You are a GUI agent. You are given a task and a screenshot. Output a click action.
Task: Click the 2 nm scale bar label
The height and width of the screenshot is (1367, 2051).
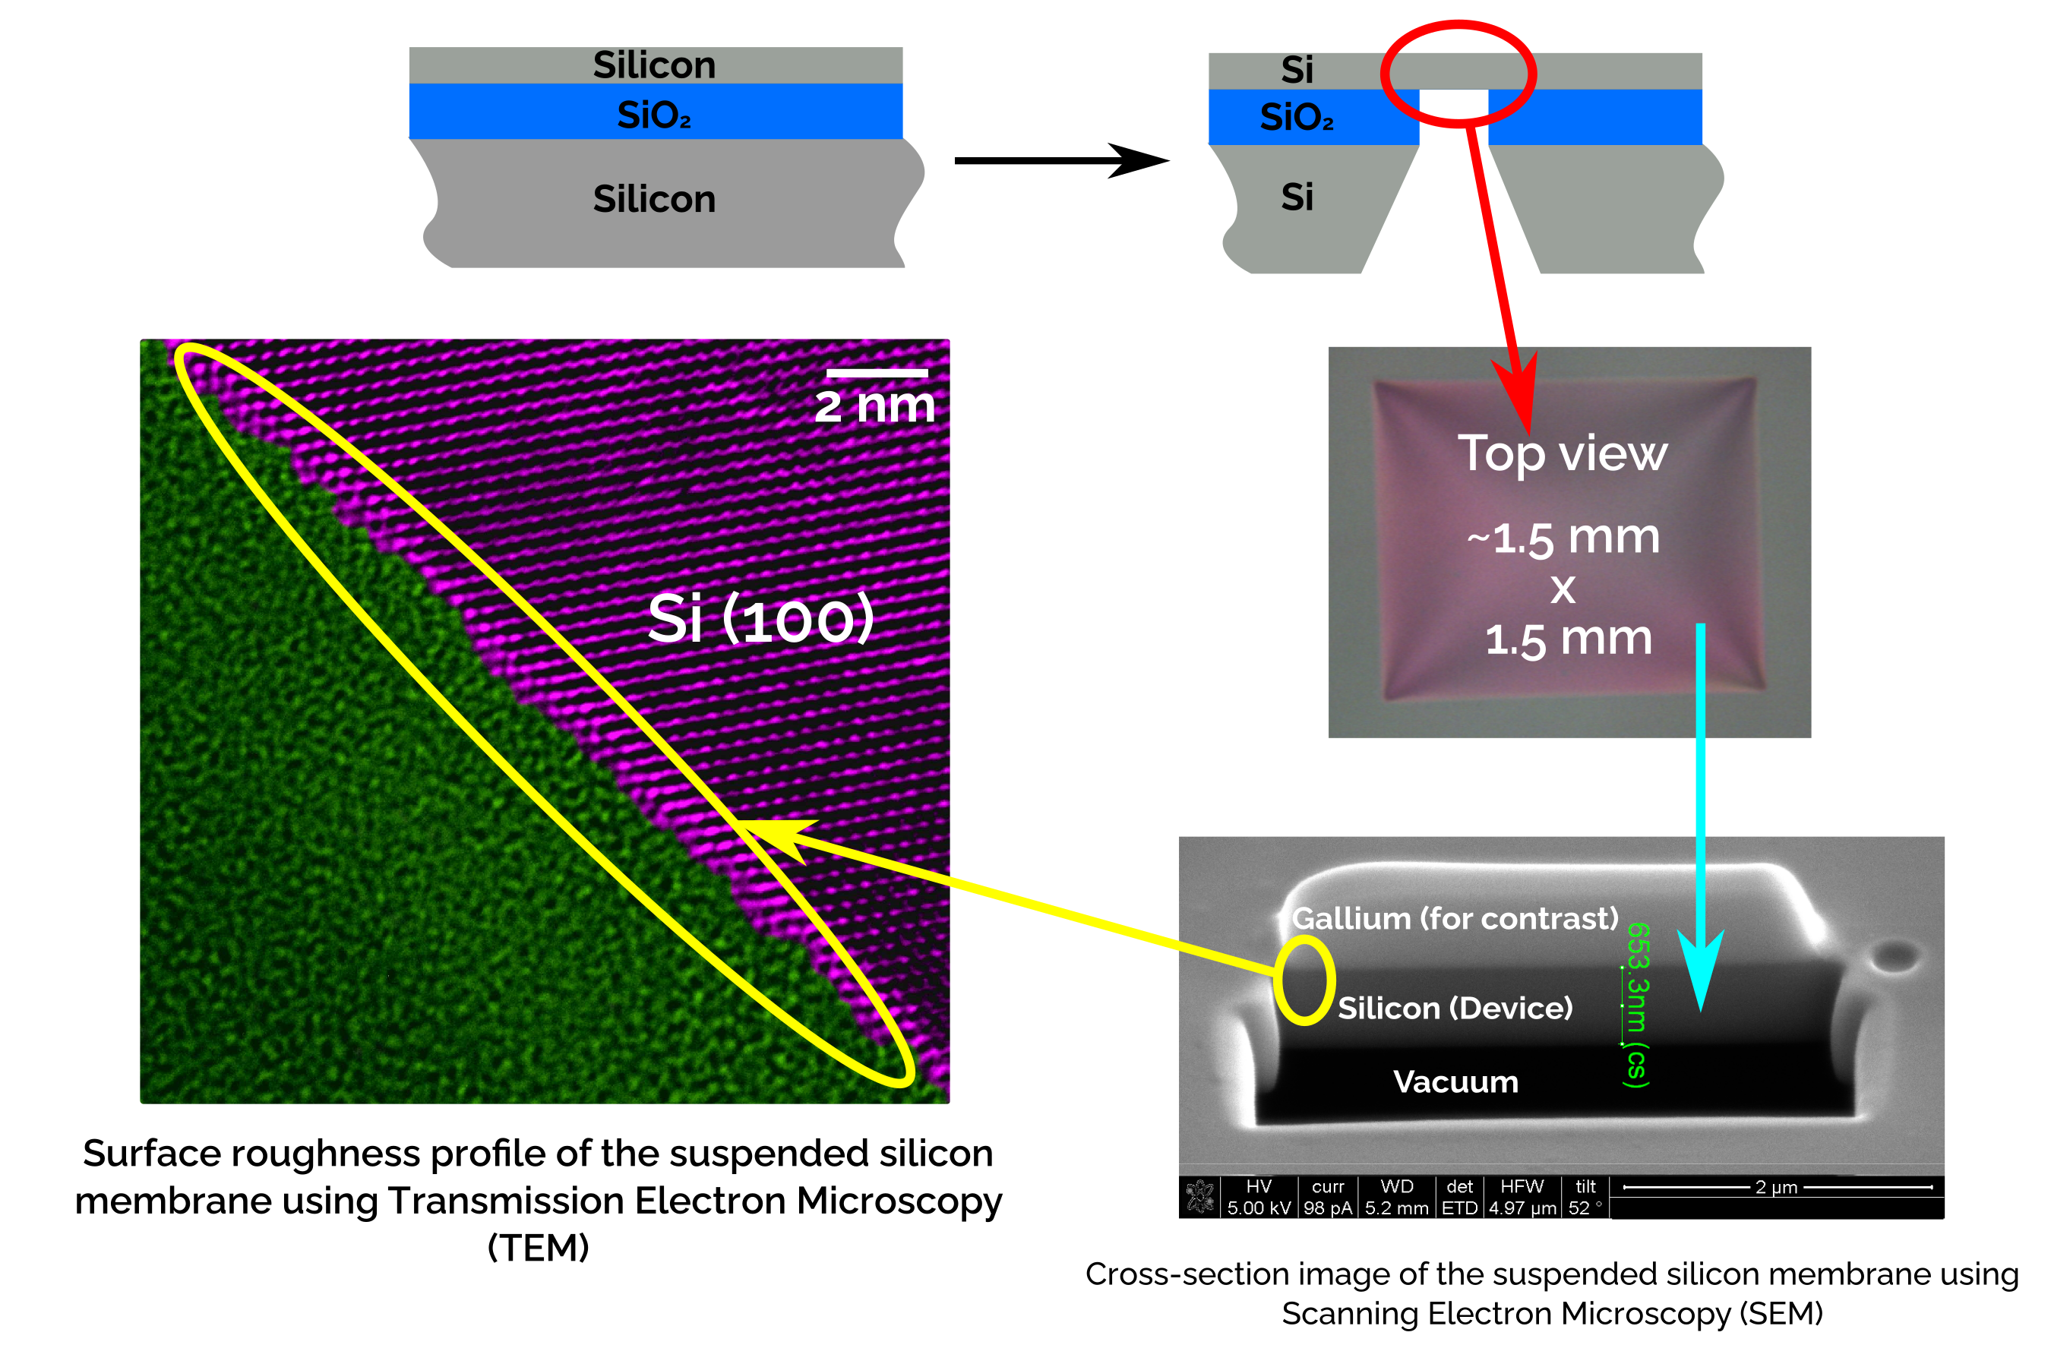pos(874,406)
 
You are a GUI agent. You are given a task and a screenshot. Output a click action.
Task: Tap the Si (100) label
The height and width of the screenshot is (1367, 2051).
pos(760,619)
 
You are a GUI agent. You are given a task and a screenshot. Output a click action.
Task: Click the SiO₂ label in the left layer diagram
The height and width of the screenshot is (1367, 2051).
pos(654,115)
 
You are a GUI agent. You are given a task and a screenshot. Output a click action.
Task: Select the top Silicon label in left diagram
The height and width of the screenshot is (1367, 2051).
pos(654,65)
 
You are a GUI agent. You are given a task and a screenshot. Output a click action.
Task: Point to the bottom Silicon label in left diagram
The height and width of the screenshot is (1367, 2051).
pos(654,200)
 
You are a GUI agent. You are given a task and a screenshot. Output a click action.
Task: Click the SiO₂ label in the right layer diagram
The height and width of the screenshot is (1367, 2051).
pos(1297,117)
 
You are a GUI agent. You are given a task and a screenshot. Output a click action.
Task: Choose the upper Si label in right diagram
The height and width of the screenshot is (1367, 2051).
pos(1297,70)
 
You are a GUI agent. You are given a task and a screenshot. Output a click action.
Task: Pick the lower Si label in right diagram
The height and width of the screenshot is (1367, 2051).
pos(1297,197)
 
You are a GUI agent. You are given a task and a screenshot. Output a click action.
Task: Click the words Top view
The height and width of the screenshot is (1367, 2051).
pos(1563,453)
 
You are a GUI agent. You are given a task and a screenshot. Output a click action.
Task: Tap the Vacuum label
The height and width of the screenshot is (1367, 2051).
pos(1455,1082)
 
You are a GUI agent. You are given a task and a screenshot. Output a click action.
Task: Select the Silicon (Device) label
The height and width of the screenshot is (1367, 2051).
pos(1455,1009)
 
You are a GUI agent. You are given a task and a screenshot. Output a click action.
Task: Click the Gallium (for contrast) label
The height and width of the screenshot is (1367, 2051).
pos(1455,918)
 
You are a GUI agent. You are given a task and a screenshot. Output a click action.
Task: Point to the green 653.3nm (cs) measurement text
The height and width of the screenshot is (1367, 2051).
pos(1637,1004)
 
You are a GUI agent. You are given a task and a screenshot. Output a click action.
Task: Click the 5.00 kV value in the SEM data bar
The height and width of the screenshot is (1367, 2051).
pos(1259,1208)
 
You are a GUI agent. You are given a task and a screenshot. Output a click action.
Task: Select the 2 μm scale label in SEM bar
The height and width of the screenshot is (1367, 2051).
pos(1776,1188)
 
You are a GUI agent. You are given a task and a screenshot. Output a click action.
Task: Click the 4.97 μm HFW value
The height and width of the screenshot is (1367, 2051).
pos(1522,1208)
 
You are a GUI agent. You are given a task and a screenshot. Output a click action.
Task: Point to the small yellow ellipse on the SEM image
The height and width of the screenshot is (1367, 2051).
pos(1304,980)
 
